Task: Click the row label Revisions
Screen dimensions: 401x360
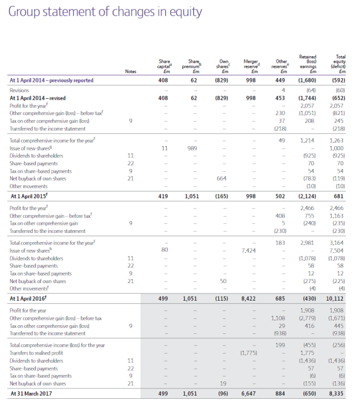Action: tap(20, 90)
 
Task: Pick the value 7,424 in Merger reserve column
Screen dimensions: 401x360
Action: tap(249, 249)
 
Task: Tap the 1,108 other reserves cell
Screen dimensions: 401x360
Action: tap(279, 318)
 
